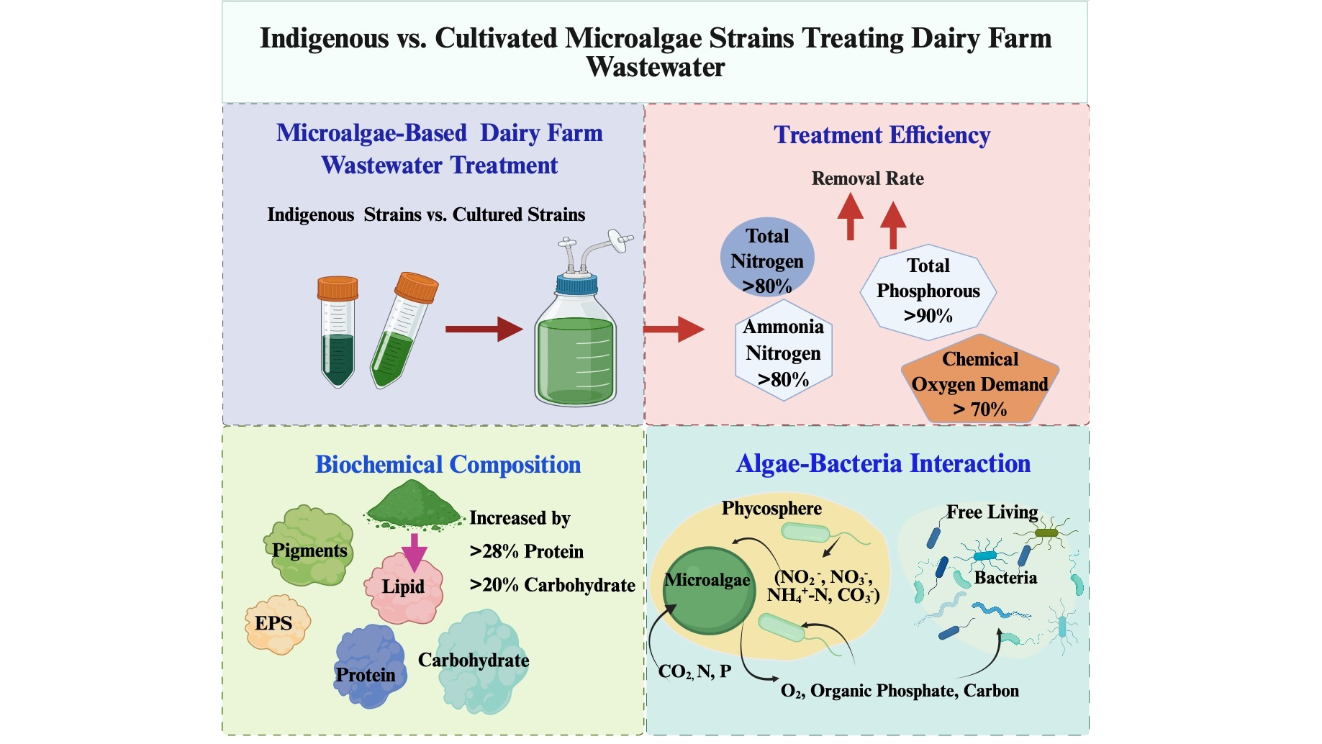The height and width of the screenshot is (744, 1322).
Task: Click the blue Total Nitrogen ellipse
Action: pos(767,259)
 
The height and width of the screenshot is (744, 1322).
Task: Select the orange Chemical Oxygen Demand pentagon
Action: pos(979,382)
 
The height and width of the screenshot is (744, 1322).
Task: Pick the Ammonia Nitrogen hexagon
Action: pos(783,353)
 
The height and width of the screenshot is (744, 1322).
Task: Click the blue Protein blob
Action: pos(368,666)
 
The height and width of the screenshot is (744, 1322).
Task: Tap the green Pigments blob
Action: pos(310,545)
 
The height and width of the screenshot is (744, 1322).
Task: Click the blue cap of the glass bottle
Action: pos(576,284)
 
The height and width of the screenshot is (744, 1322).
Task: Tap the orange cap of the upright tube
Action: pos(338,288)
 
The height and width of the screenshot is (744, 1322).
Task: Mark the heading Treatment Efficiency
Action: pos(882,135)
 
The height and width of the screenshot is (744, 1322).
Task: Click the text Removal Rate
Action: pos(867,178)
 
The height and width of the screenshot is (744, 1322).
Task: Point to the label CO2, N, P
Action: pos(694,671)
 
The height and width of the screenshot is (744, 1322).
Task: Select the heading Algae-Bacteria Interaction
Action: pos(883,463)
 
